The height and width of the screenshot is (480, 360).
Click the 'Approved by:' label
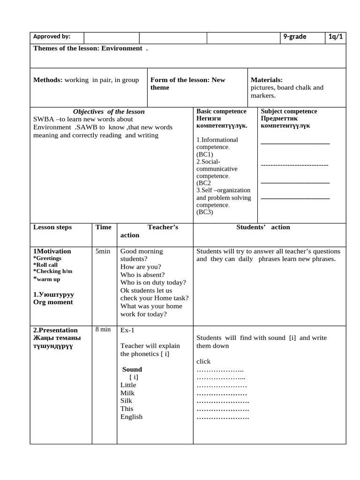tap(52, 37)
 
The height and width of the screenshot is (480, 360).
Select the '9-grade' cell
tap(294, 37)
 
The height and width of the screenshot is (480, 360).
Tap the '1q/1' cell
tap(336, 37)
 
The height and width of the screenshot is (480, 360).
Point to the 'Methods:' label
tap(48, 80)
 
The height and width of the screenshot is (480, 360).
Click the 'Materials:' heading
tap(266, 80)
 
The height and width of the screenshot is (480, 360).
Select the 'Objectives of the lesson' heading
tap(109, 112)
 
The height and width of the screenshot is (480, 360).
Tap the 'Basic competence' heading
tap(221, 112)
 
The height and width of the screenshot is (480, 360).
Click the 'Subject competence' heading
tap(289, 112)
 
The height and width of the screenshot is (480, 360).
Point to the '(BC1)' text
tap(205, 154)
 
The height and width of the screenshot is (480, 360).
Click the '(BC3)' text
tap(205, 212)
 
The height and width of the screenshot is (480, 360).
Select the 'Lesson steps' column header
tap(52, 227)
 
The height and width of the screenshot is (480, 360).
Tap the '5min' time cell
tap(103, 251)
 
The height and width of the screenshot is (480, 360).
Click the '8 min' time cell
tap(103, 330)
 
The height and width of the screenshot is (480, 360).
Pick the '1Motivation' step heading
tap(52, 251)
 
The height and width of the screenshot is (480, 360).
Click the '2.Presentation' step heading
tap(55, 330)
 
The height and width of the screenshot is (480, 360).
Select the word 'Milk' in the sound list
tap(127, 393)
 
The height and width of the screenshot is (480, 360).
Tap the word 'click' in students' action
tap(203, 361)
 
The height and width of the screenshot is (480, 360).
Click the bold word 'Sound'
tap(132, 369)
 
